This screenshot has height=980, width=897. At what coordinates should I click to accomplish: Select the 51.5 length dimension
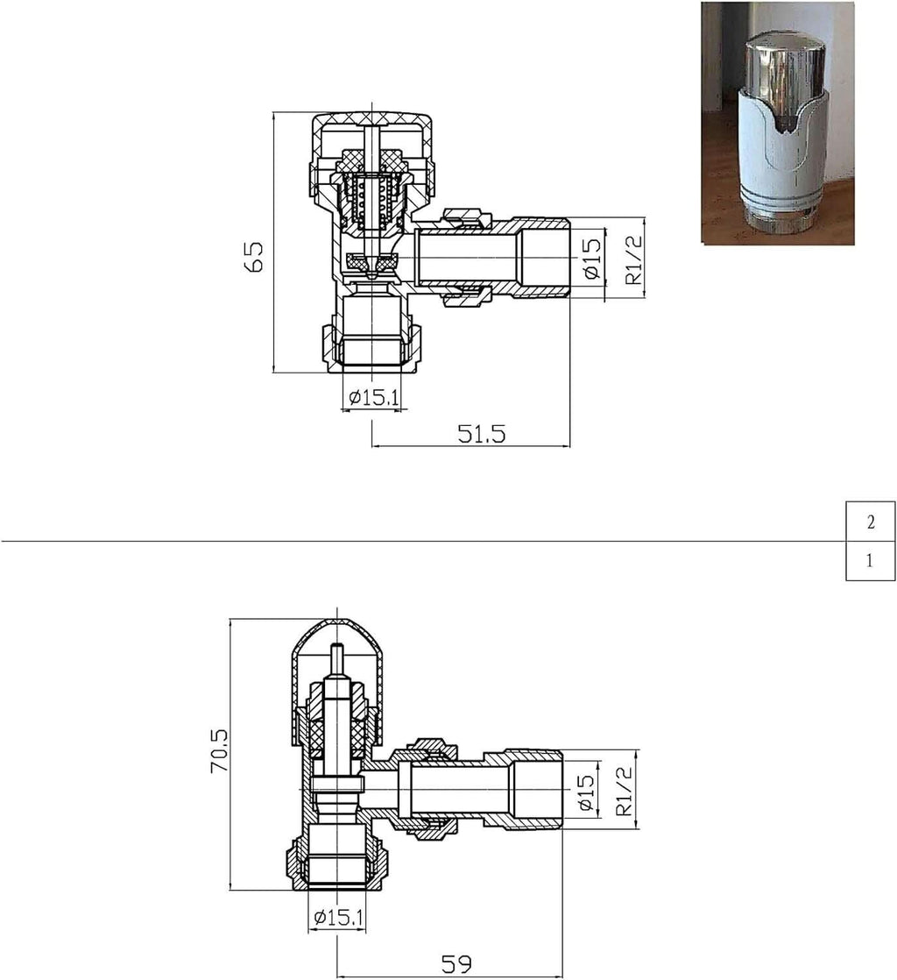coord(482,433)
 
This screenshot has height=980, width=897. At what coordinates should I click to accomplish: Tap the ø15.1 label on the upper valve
coord(374,398)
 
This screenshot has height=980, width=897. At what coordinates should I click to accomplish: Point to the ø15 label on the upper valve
coord(591,259)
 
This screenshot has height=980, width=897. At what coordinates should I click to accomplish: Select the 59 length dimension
coord(456,964)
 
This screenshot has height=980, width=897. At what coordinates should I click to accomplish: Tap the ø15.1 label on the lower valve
coord(338,919)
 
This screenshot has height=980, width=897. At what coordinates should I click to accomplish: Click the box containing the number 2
coord(870,522)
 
